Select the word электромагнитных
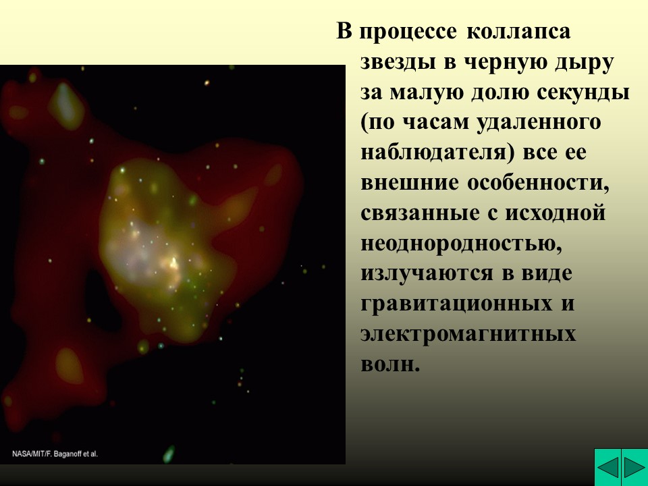pos(468,335)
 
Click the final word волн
pos(390,365)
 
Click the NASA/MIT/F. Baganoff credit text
pos(55,454)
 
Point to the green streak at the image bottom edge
pos(168,453)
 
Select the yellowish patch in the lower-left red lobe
pos(69,365)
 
